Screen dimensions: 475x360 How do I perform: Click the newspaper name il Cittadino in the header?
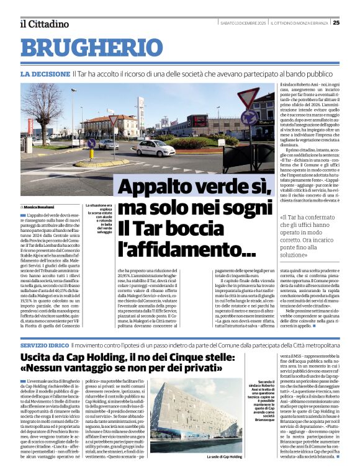pos(43,24)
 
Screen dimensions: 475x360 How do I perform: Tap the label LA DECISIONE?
pos(45,73)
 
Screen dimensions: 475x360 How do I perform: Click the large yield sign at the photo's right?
pos(249,100)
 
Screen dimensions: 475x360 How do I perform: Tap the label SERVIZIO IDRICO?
pos(44,344)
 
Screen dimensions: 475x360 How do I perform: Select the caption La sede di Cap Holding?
pos(224,456)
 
